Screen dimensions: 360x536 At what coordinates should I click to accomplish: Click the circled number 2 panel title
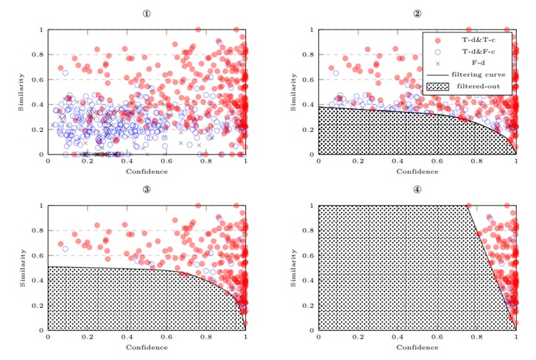(417, 14)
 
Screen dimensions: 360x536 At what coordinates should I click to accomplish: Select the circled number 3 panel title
(147, 189)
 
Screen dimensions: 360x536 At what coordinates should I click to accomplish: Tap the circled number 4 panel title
(417, 189)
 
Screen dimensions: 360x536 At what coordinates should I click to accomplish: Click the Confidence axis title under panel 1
(147, 172)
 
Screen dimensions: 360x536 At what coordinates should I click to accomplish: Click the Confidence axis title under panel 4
(417, 347)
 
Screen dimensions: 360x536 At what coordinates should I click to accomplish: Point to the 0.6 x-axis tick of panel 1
(166, 160)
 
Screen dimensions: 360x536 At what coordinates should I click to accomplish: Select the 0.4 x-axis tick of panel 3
(127, 336)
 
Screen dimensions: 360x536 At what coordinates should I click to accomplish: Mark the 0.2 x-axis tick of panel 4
(358, 336)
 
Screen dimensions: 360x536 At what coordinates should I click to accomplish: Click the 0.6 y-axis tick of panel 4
(309, 255)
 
